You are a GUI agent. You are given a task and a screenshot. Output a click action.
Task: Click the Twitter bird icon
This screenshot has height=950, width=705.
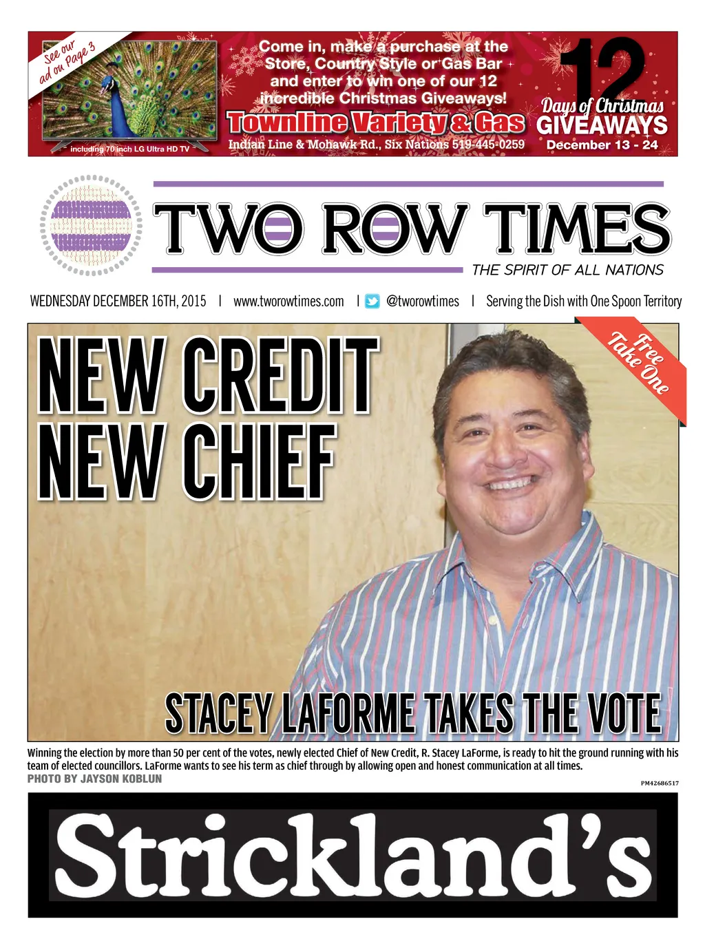pos(372,302)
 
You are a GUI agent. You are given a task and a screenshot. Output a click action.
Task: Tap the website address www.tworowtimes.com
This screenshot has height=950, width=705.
pos(288,302)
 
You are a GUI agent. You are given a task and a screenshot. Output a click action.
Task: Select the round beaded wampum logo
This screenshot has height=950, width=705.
pos(92,226)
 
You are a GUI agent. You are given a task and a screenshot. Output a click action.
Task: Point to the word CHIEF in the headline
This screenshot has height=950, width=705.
pos(259,461)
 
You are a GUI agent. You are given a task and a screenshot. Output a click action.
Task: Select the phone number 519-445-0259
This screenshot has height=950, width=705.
pos(488,145)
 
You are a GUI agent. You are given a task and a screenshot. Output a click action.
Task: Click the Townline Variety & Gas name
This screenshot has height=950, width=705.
pos(376,123)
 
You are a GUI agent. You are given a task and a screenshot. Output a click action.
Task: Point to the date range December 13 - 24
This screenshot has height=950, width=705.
pos(602,145)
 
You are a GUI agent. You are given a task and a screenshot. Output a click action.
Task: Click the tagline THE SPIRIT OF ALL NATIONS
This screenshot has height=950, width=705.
pos(567,270)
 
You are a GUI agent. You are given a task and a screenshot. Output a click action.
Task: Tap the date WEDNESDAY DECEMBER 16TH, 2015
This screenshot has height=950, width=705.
pos(118,302)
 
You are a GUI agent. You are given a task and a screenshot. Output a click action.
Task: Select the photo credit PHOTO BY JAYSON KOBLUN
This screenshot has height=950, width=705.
pos(95,779)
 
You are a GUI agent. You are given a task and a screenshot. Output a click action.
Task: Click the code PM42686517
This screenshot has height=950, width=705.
pos(659,783)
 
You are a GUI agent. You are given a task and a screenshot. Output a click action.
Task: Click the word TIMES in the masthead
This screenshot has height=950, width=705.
pos(576,229)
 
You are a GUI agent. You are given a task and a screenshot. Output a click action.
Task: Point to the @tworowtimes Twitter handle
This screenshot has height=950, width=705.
pos(423,302)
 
